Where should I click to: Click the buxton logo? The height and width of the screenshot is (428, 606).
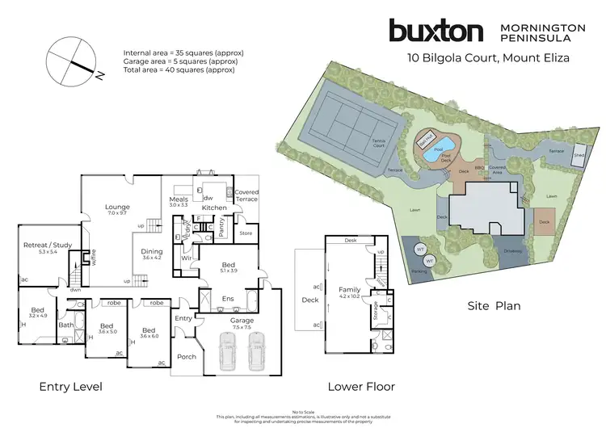(436, 31)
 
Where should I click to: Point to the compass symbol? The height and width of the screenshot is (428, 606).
(72, 62)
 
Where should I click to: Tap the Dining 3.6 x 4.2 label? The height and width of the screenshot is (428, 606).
(153, 254)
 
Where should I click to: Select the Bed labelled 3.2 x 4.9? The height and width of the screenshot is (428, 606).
(37, 313)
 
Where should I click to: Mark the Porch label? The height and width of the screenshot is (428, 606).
(187, 356)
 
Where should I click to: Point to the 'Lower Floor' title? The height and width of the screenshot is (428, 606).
(361, 387)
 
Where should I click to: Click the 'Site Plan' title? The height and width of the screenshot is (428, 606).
(494, 306)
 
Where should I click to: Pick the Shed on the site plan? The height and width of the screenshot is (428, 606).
(579, 155)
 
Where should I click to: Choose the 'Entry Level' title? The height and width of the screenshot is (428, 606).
(71, 387)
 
